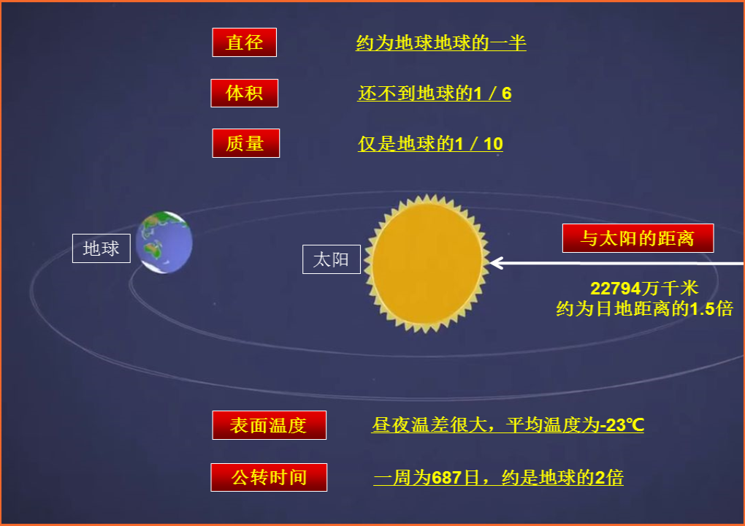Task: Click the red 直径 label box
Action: [244, 42]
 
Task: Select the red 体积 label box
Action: [244, 93]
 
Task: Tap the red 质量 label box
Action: [244, 143]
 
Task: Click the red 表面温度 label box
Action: [269, 425]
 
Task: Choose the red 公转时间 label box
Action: [269, 478]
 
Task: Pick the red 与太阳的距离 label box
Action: [637, 238]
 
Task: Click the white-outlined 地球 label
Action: [101, 248]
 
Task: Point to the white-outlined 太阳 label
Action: [331, 259]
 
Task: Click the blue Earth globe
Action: [165, 243]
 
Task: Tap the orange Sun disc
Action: [427, 262]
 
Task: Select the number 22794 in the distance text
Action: [616, 289]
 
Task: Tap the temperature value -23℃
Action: [622, 425]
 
